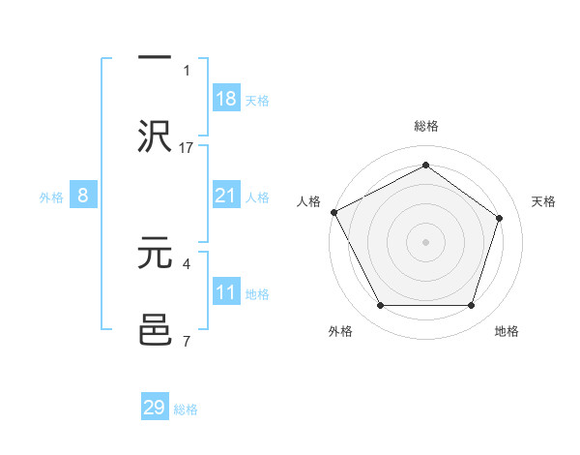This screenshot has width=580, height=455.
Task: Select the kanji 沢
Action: tap(155, 135)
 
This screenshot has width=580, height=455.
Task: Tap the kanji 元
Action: tap(155, 252)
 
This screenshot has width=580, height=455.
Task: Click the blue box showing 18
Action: tap(226, 98)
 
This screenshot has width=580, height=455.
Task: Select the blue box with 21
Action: tap(226, 196)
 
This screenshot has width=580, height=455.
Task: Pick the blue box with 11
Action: tap(226, 292)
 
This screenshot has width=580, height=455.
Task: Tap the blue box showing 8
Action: tap(83, 196)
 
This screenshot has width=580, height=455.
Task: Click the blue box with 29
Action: tap(155, 408)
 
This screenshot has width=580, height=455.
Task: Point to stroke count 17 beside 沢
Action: tap(187, 147)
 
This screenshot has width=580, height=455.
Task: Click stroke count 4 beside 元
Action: tap(187, 262)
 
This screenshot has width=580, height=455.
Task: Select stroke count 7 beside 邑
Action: tap(187, 341)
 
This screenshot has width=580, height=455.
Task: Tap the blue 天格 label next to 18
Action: tap(257, 100)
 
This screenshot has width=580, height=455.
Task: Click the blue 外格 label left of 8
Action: tap(51, 197)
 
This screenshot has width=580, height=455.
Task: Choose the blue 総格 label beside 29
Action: tap(186, 409)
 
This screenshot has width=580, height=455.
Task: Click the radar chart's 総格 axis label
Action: tap(425, 126)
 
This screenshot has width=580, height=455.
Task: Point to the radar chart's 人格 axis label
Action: tap(309, 201)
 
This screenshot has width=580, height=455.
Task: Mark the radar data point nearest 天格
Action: tap(500, 218)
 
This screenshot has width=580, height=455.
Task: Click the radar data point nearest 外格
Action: tap(380, 306)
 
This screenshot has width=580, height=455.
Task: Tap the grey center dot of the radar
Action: tap(425, 242)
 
